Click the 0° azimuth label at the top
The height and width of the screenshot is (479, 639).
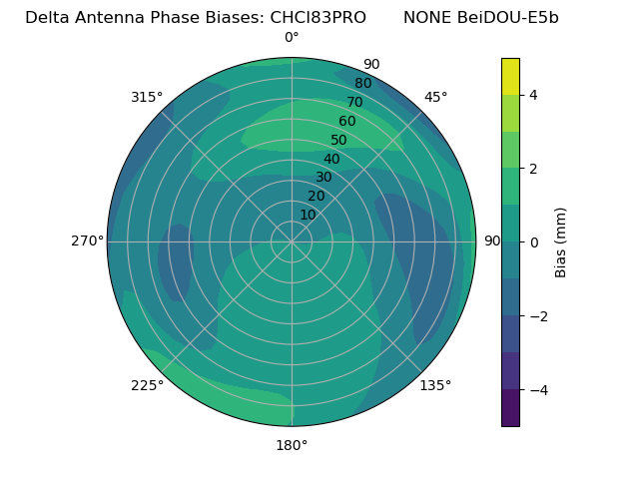[x=292, y=38]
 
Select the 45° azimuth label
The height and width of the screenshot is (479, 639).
[x=435, y=97]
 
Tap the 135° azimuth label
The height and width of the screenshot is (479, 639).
[x=435, y=385]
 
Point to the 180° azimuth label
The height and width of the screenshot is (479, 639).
[x=292, y=445]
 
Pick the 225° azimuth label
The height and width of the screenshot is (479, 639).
[x=147, y=385]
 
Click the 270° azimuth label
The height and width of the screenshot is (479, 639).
[x=87, y=241]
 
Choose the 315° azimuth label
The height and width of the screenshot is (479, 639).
[x=147, y=97]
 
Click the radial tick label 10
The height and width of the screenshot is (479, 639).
[x=308, y=215]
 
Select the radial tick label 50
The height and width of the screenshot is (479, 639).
[x=339, y=141]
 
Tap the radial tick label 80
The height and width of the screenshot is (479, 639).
[x=363, y=84]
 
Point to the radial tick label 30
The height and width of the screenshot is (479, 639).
[x=323, y=178]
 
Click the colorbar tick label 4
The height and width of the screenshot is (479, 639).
[x=533, y=95]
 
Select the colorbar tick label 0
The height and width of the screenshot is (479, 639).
[x=533, y=242]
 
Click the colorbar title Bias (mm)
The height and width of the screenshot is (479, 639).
[x=561, y=242]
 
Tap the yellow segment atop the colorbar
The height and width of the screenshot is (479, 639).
[x=510, y=76]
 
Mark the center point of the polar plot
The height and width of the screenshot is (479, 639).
[x=292, y=241]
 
